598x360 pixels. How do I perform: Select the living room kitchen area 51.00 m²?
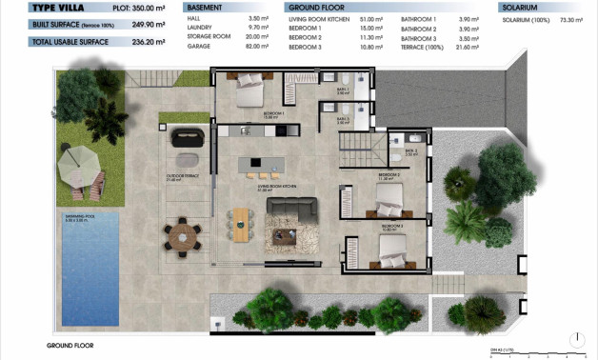click(x=372, y=18)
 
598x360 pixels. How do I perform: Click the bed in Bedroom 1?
click(x=250, y=94)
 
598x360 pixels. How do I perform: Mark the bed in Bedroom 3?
click(x=393, y=250)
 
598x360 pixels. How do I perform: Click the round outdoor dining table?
click(x=181, y=233)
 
